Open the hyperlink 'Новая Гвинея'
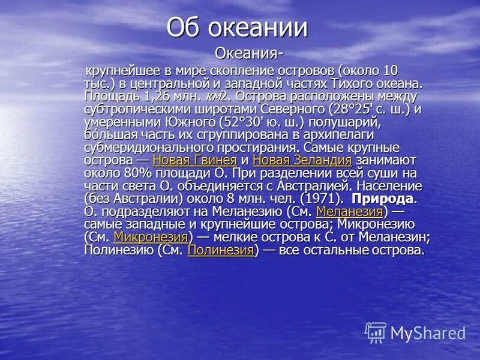[x=194, y=160]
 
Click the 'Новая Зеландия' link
[x=302, y=160]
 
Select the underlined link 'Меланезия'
[x=349, y=212]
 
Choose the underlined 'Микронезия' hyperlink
[x=151, y=238]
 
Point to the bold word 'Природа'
[x=382, y=199]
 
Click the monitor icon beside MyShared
[x=376, y=332]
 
